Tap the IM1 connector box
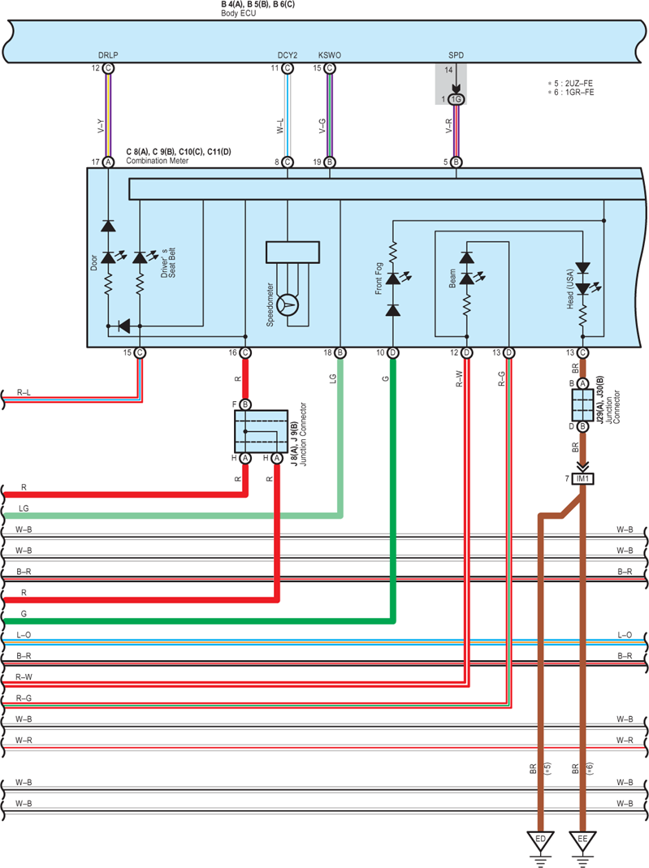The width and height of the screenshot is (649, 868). (x=582, y=478)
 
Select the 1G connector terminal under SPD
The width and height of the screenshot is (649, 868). (x=456, y=99)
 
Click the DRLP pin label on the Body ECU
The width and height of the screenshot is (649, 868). (x=108, y=54)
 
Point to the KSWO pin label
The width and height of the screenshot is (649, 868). (x=330, y=54)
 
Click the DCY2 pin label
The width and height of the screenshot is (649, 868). (x=288, y=54)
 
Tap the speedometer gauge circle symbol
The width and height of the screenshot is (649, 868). (x=288, y=304)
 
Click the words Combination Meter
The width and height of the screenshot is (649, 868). (x=158, y=161)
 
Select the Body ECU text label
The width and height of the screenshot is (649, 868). (x=239, y=13)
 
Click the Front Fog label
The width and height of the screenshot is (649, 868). (x=379, y=279)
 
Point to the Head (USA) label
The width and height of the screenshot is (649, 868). (x=570, y=289)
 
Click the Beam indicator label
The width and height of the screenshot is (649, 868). (x=452, y=279)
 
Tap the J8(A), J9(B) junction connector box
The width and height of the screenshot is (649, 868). (x=261, y=431)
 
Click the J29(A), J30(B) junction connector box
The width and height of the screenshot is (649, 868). (x=582, y=405)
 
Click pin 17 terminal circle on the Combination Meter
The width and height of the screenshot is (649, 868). (x=109, y=162)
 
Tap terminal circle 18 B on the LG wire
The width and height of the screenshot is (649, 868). (x=340, y=352)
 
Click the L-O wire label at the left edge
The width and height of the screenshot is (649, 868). (x=24, y=635)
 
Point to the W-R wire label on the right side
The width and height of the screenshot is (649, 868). (x=625, y=741)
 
